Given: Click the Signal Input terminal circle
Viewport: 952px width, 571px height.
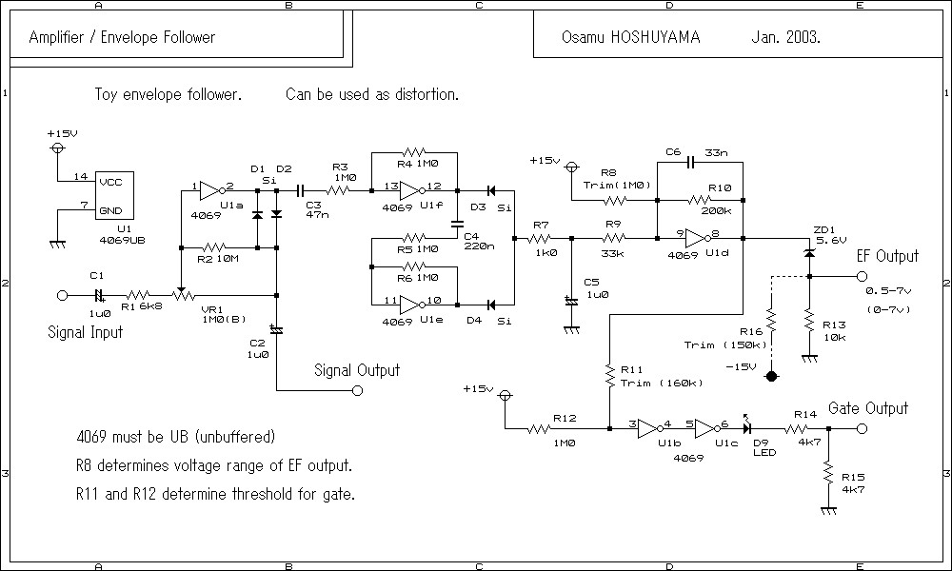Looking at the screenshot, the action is coord(62,296).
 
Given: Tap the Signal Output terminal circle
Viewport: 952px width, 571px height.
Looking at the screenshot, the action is coord(358,391).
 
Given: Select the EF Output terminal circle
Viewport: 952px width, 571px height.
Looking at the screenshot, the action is coord(862,277).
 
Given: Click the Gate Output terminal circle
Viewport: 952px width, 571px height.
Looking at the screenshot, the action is coord(862,429).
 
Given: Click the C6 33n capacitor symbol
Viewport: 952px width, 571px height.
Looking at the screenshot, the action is coord(689,162).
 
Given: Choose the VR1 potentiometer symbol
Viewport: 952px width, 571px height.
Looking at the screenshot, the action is coord(181,296).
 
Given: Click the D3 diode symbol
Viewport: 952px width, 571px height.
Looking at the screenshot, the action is coord(490,190).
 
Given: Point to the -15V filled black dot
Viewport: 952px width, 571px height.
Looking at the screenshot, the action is coord(771,376).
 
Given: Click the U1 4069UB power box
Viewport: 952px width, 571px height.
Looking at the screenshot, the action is coord(114,195).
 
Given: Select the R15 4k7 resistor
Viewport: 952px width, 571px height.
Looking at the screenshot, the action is coord(828,473).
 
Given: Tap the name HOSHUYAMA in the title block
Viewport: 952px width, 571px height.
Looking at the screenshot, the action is coord(655,37).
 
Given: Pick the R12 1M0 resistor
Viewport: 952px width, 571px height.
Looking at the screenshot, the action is coord(539,429).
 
